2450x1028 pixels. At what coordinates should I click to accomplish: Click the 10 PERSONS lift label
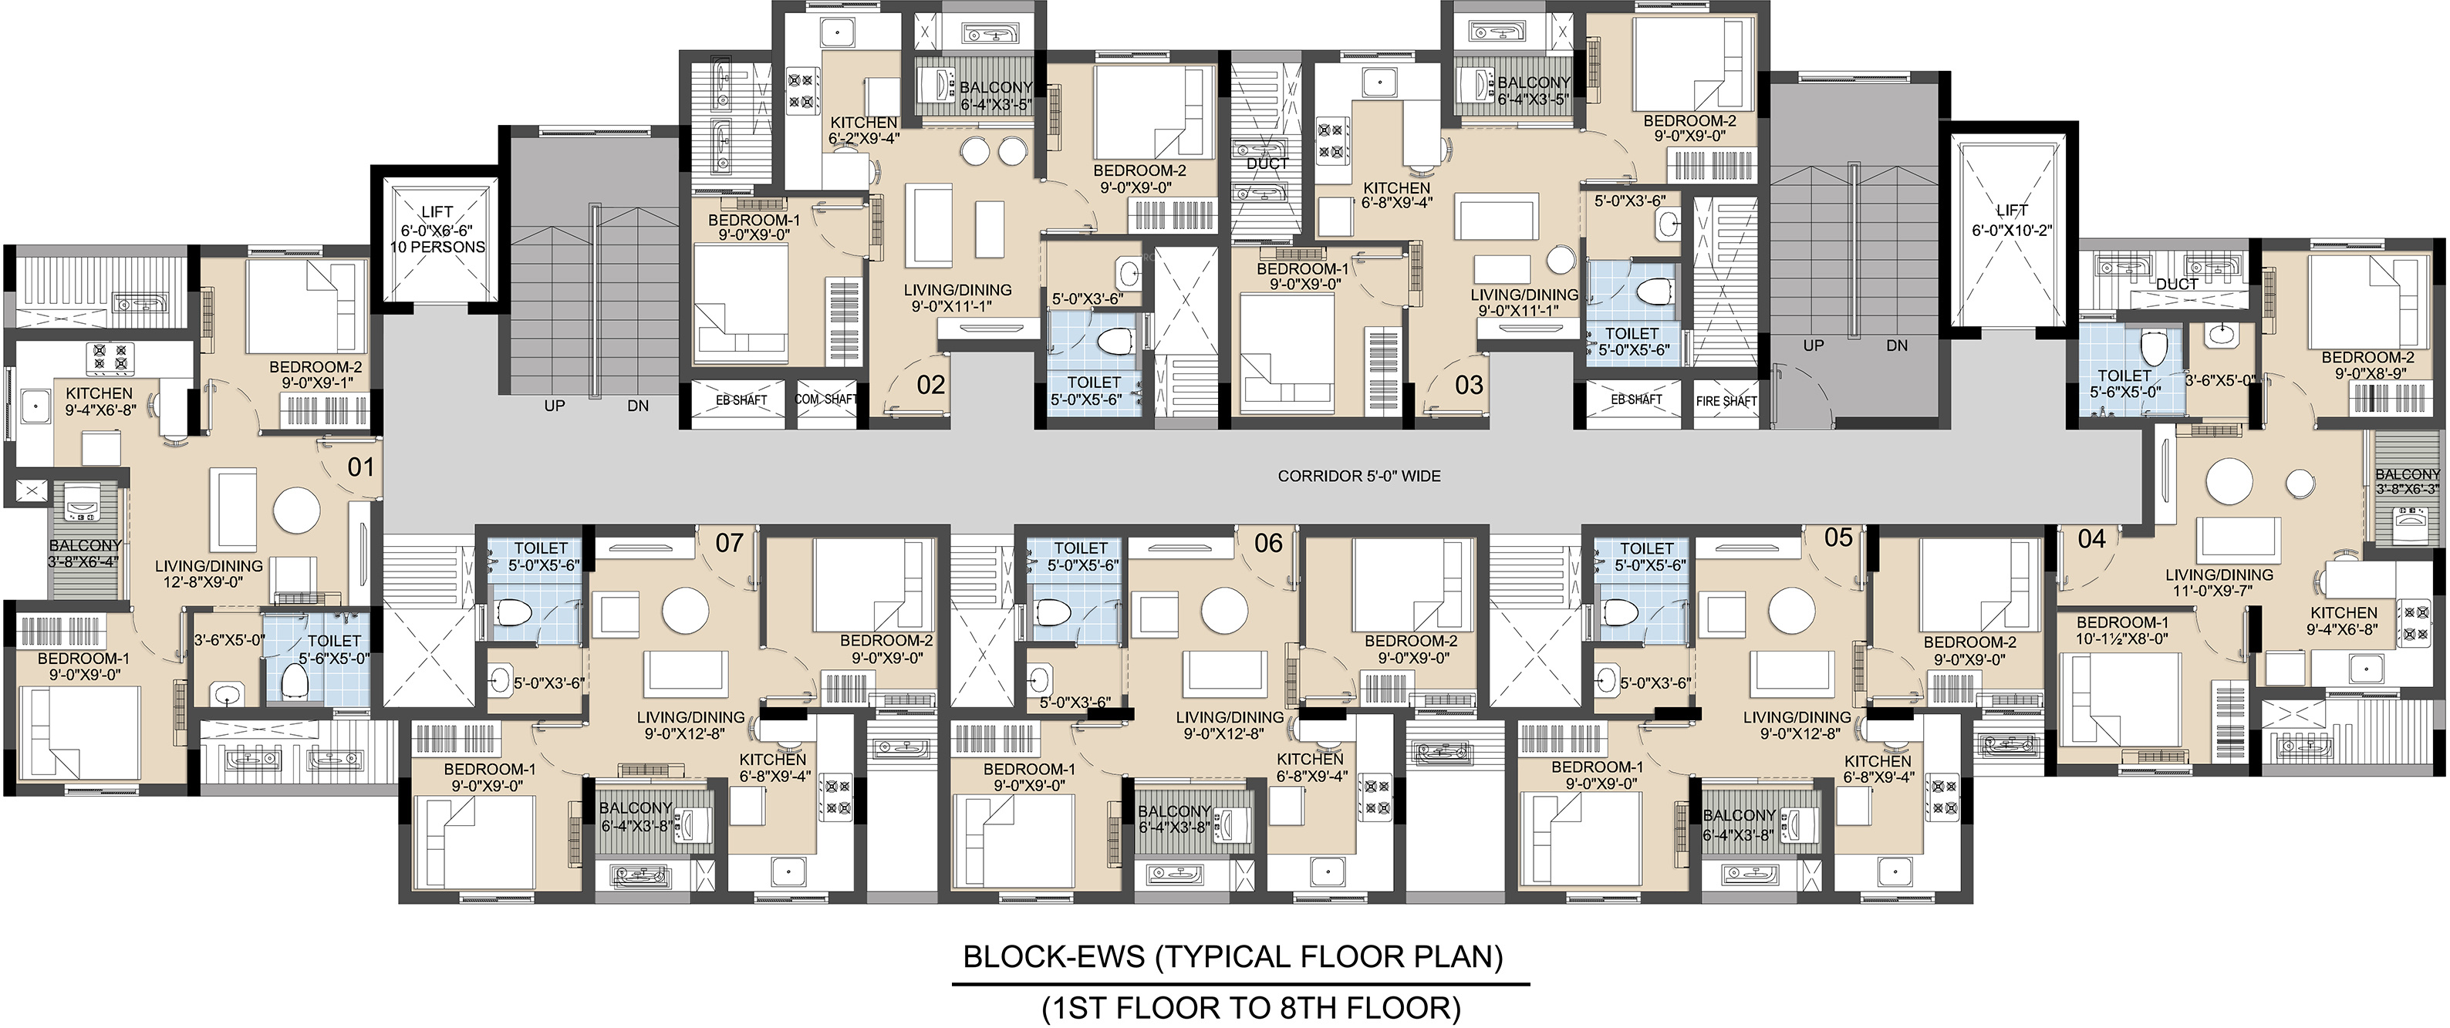437,248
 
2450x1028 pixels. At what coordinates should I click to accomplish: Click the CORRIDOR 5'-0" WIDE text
1359,476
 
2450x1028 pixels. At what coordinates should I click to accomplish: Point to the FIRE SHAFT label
1726,401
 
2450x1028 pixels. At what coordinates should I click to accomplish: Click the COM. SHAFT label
826,399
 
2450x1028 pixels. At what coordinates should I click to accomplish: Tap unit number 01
360,467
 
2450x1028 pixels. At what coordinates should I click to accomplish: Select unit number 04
2091,539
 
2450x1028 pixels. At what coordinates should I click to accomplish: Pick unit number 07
730,543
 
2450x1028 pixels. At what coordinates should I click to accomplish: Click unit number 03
1469,385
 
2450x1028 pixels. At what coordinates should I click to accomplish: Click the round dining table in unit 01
298,511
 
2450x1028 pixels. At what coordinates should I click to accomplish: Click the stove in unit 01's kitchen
110,359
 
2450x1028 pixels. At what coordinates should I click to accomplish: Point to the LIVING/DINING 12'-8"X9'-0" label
209,574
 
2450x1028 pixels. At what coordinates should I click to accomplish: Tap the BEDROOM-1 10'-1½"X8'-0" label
2122,631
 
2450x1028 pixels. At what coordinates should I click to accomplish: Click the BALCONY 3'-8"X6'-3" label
2408,481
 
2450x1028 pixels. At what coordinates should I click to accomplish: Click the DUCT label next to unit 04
2176,285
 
